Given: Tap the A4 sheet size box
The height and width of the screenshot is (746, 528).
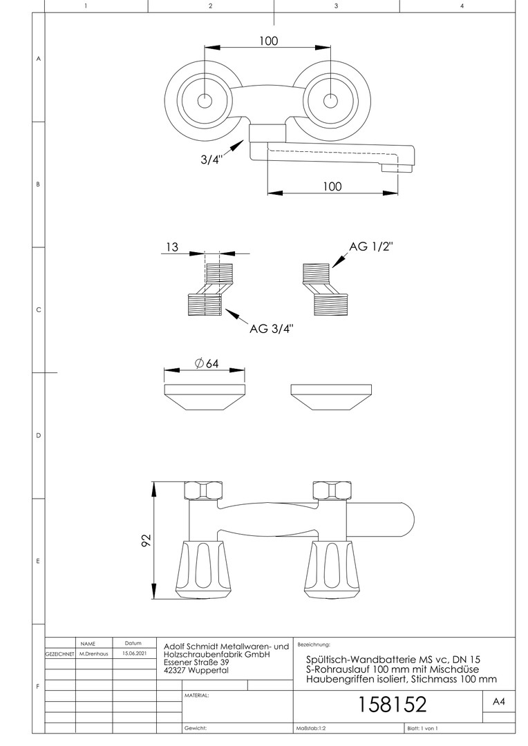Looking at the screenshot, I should pyautogui.click(x=499, y=702).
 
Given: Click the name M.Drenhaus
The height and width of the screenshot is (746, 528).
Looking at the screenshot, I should pyautogui.click(x=94, y=653).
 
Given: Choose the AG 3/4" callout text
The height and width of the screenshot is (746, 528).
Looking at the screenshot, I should pyautogui.click(x=272, y=329).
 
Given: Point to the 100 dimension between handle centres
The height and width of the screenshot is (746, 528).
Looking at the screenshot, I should pyautogui.click(x=269, y=41).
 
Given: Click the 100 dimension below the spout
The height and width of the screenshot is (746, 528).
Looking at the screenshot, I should pyautogui.click(x=332, y=186).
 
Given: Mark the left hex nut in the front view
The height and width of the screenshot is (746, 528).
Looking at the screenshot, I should pyautogui.click(x=205, y=491).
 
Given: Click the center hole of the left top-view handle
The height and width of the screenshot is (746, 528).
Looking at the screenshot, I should pyautogui.click(x=205, y=100).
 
